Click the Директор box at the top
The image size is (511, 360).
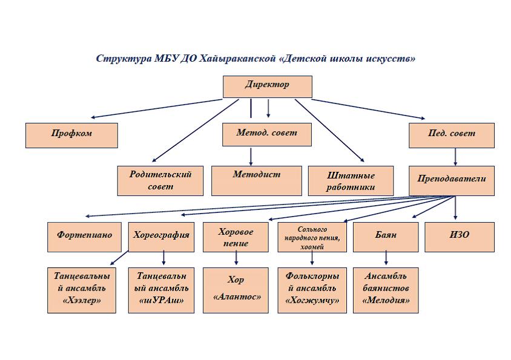tap(267, 86)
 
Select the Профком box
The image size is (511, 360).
tap(71, 135)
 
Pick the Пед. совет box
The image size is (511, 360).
tap(451, 135)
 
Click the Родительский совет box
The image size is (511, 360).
tap(160, 180)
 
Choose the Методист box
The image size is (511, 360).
tap(256, 180)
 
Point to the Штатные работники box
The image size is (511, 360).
tap(351, 180)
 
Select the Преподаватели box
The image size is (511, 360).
tap(451, 180)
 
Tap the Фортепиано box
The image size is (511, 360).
tap(84, 237)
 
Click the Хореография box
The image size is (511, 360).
tap(161, 237)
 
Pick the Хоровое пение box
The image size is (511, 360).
tap(236, 237)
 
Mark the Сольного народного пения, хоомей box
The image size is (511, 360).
tap(312, 237)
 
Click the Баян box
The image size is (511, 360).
tap(386, 237)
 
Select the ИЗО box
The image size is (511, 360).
tap(459, 237)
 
